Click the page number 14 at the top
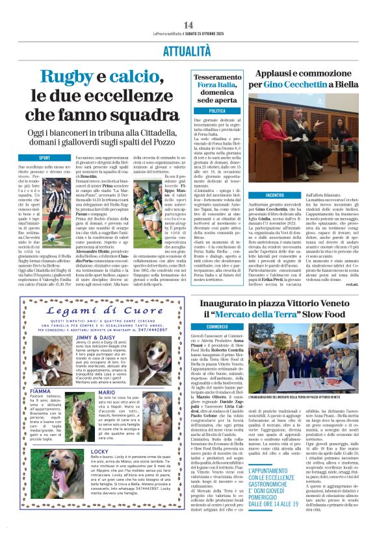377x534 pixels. [188, 25]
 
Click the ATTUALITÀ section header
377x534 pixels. [188, 49]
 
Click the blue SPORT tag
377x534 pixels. [44, 158]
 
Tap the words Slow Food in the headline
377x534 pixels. [320, 315]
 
